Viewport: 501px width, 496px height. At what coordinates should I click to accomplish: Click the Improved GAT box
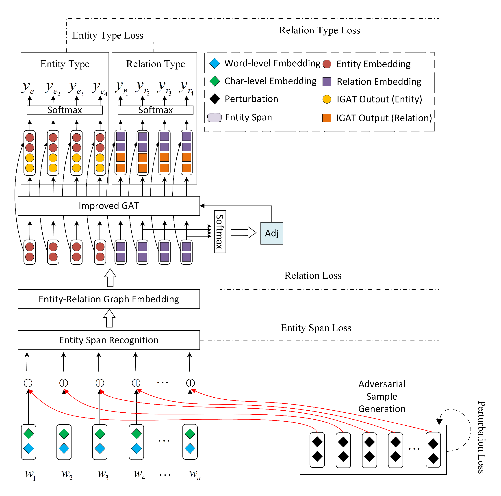[109, 206]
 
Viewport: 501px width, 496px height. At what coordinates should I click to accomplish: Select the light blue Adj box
[271, 233]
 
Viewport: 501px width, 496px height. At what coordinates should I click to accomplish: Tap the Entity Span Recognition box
[109, 340]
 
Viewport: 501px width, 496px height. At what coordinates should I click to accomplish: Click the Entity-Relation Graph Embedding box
[109, 299]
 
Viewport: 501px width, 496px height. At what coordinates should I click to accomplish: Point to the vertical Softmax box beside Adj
[220, 232]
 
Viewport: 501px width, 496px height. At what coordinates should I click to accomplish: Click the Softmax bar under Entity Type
[65, 110]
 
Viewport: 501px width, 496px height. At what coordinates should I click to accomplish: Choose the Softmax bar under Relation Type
[155, 110]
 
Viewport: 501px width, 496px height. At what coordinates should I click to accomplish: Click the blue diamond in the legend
[215, 63]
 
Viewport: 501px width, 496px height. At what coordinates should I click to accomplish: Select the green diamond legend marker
[215, 81]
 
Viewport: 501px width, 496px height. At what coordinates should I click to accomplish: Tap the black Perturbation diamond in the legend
[215, 99]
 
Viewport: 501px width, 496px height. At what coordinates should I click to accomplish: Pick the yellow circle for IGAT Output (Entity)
[327, 99]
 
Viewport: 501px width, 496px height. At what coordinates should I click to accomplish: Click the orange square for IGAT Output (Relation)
[326, 118]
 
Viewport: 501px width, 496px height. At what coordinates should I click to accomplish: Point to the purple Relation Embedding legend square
[327, 81]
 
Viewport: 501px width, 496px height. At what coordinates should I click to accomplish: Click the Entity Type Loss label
[108, 35]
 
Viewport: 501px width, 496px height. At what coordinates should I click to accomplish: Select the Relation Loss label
[313, 275]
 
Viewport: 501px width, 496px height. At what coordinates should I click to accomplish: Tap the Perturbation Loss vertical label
[481, 437]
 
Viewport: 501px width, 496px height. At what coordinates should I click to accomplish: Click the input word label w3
[103, 474]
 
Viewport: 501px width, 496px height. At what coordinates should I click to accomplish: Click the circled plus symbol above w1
[28, 383]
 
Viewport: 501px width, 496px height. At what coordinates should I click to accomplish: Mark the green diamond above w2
[64, 433]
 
